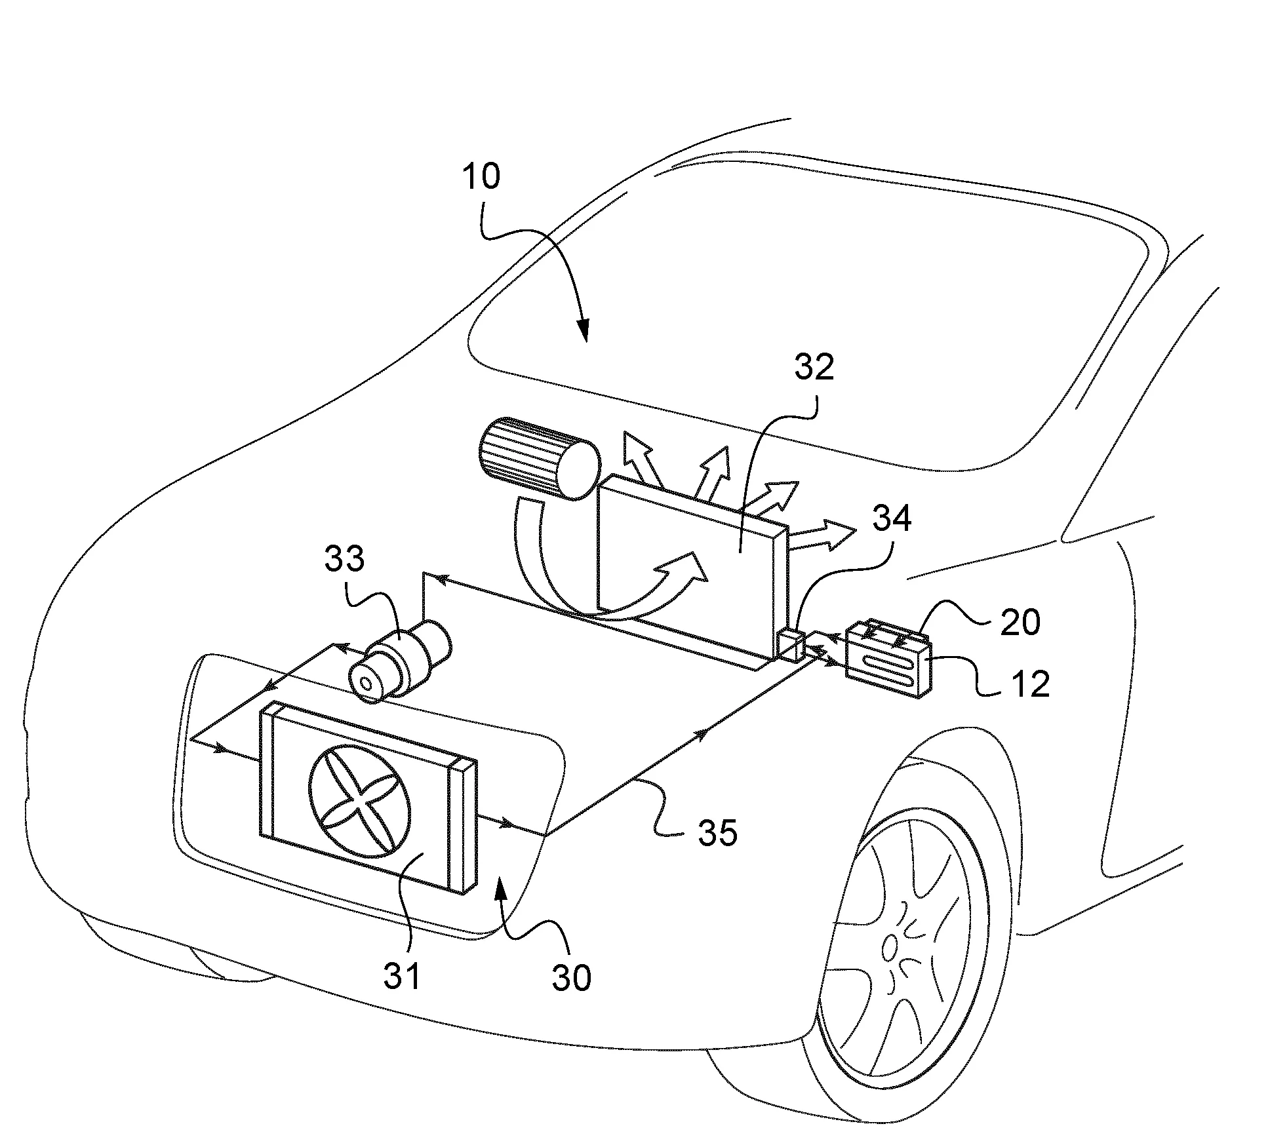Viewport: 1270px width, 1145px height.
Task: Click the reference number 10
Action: coord(481,177)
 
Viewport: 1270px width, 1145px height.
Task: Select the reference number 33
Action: coord(344,560)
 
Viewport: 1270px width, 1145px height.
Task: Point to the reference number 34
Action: coord(892,518)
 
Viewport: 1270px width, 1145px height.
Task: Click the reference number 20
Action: coord(1021,621)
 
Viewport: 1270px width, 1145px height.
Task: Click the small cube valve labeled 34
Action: coord(791,646)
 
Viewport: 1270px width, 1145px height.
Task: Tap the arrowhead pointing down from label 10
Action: coord(582,332)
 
